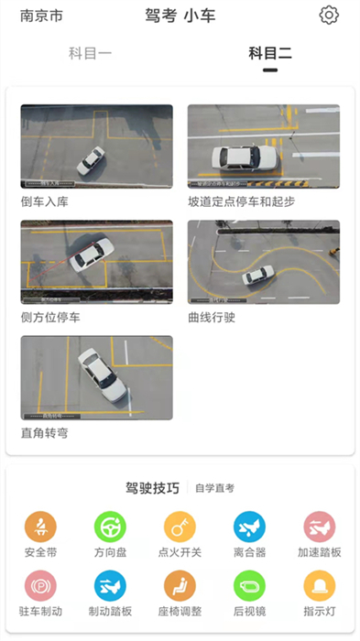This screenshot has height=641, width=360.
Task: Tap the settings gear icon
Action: (x=329, y=16)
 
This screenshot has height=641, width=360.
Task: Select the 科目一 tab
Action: (x=90, y=53)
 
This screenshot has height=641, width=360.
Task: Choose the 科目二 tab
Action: (x=270, y=53)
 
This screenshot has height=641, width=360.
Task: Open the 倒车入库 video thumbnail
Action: (x=96, y=147)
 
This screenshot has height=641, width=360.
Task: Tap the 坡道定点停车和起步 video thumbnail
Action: (x=264, y=147)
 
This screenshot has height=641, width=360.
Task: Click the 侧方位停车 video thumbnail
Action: (x=96, y=262)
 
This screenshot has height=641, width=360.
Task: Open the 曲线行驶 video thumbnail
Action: (x=264, y=262)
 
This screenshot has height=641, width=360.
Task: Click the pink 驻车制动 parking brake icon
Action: (x=40, y=585)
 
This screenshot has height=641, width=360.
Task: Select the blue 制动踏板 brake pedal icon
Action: (x=110, y=585)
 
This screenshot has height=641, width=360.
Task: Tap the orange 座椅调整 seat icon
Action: (x=180, y=585)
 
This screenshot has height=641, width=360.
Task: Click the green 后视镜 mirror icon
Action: (x=249, y=585)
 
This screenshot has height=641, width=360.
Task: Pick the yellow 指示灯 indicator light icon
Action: (x=320, y=585)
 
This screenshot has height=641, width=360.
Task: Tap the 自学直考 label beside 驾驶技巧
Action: (x=214, y=488)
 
